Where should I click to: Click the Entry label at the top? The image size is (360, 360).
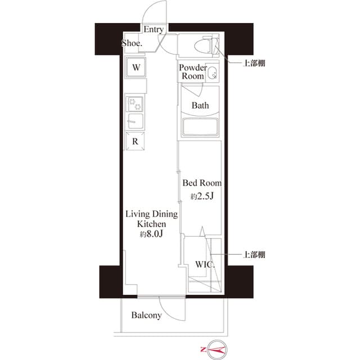154,29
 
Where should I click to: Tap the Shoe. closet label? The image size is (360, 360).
132,43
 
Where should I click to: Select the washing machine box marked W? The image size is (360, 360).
136,67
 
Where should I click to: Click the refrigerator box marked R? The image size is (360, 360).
136,142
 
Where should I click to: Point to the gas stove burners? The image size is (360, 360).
136,103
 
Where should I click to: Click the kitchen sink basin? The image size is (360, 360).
136,120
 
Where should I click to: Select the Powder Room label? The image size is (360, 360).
192,72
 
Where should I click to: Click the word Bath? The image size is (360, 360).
200,105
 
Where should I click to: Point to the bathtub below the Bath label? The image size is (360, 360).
200,127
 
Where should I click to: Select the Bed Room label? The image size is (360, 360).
201,183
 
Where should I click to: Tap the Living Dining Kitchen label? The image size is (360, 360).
151,219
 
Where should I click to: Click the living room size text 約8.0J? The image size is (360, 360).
151,234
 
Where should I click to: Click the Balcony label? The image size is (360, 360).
146,316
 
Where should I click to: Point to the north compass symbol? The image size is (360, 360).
216,350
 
